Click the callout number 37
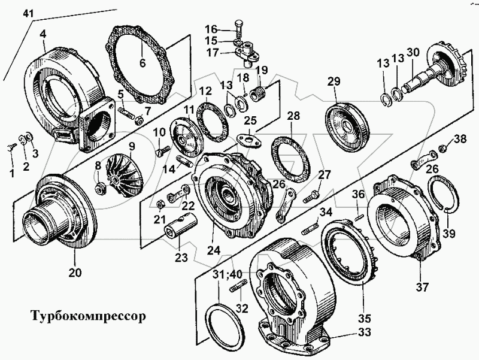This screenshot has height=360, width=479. pyautogui.click(x=423, y=287)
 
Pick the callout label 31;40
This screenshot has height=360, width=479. pyautogui.click(x=229, y=275)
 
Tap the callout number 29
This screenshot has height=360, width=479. pyautogui.click(x=334, y=81)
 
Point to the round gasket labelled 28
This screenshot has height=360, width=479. pyautogui.click(x=292, y=159)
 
